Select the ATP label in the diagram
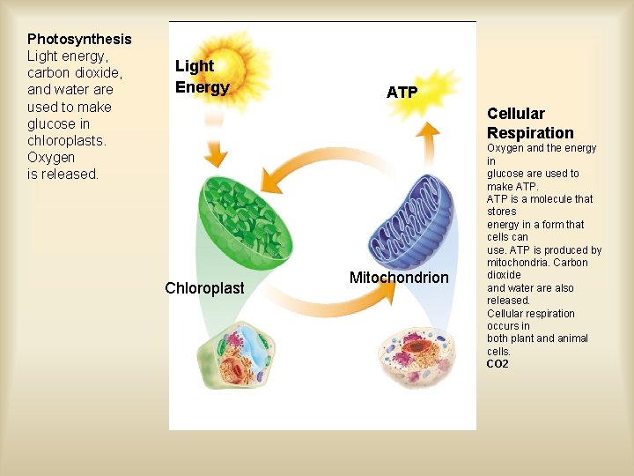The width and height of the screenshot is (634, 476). click(402, 93)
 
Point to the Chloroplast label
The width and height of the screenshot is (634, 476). click(204, 288)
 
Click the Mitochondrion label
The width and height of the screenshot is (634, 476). click(399, 278)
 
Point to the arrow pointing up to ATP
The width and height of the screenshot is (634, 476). click(428, 141)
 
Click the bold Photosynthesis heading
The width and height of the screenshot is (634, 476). click(79, 39)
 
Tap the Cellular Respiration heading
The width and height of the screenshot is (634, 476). click(529, 123)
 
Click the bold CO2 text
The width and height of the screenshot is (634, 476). click(498, 364)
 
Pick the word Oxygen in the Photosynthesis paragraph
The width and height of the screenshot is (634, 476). click(51, 157)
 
